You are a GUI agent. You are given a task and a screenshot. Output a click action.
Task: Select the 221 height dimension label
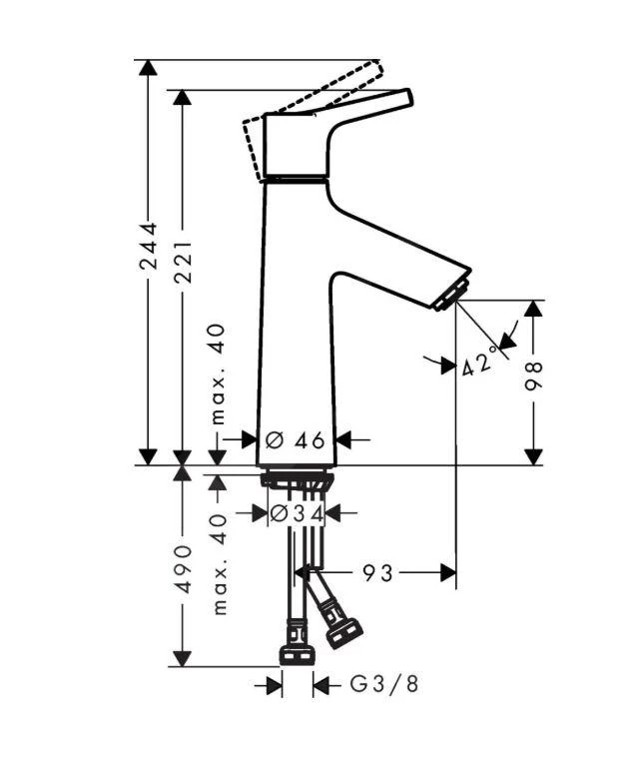pyautogui.click(x=183, y=263)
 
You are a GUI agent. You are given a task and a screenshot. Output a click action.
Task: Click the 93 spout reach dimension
pyautogui.click(x=378, y=572)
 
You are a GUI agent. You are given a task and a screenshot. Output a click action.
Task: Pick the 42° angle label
pyautogui.click(x=479, y=364)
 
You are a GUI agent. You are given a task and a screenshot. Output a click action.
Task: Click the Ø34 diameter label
pyautogui.click(x=298, y=513)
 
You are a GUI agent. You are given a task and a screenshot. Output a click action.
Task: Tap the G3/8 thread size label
pyautogui.click(x=384, y=684)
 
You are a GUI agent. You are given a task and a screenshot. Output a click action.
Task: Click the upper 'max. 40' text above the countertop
pyautogui.click(x=219, y=375)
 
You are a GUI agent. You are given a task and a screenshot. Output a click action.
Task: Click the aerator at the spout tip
pyautogui.click(x=451, y=296)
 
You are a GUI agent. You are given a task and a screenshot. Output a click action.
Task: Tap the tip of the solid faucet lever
pyautogui.click(x=404, y=97)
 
